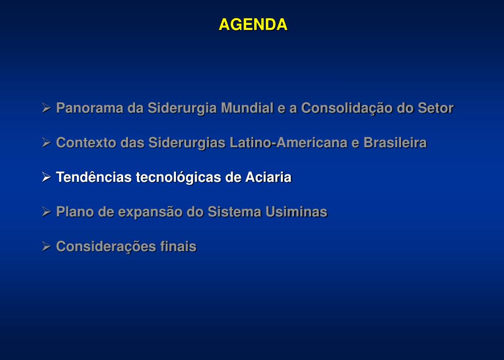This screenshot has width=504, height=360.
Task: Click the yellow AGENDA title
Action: click(x=253, y=25)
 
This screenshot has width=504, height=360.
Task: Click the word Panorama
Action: click(x=90, y=108)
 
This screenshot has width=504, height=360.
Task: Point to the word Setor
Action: click(x=436, y=108)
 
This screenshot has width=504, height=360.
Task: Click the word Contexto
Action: click(x=86, y=143)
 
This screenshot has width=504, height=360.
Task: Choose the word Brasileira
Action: click(x=395, y=143)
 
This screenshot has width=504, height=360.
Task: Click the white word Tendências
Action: click(x=94, y=177)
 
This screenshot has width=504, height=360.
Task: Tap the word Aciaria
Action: click(x=269, y=177)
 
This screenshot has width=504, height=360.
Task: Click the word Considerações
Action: click(x=106, y=247)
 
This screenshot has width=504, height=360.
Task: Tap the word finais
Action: click(x=178, y=247)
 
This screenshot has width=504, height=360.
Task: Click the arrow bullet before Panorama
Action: click(x=46, y=108)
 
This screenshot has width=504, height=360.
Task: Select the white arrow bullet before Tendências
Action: click(x=46, y=177)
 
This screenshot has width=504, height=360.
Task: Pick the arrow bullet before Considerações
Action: click(x=46, y=247)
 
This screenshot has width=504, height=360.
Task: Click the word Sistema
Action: click(x=235, y=212)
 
